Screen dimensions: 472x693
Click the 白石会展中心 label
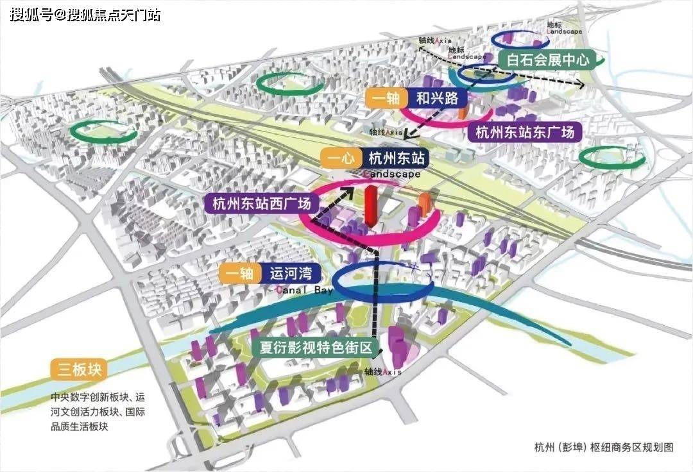tap(547, 61)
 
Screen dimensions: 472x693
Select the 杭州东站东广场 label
tap(525, 132)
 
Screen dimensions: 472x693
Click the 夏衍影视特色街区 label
tap(316, 348)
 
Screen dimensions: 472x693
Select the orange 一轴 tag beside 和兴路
tap(386, 99)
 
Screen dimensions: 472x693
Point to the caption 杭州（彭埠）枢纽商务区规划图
tap(604, 447)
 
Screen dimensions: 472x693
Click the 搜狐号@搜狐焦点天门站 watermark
tap(85, 14)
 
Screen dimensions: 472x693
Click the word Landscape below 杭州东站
tap(391, 174)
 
